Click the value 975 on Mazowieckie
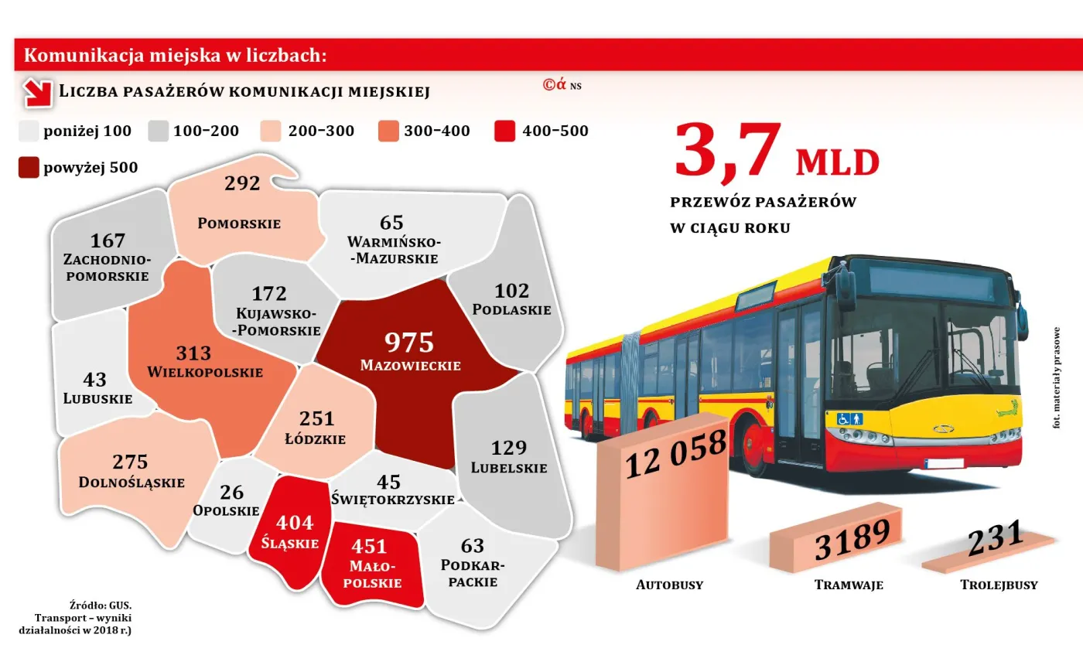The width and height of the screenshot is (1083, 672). coord(409,343)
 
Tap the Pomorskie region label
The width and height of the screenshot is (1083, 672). coord(239,223)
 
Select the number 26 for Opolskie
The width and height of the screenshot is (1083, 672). coord(231,493)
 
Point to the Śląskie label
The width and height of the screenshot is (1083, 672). coord(289,543)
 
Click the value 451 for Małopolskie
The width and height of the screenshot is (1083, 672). coord(369,547)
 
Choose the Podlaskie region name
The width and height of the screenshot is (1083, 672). coord(511,309)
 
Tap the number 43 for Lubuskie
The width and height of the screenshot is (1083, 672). coord(94,380)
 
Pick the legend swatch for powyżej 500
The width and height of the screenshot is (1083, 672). coord(29,168)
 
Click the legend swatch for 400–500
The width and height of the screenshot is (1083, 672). coord(504,131)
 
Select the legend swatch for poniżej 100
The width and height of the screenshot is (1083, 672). coord(29,131)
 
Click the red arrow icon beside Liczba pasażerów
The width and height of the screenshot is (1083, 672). coord(37,92)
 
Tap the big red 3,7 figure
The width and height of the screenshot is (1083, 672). coord(727,151)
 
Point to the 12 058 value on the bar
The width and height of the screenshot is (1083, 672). coord(675,455)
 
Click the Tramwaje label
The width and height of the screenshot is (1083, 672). coord(849,585)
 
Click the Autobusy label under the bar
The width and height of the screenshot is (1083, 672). coord(669,585)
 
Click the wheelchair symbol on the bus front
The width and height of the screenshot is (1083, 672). coord(844,418)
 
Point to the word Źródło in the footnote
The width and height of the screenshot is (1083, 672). coord(88,605)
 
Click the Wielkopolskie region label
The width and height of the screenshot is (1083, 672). coord(205,372)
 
